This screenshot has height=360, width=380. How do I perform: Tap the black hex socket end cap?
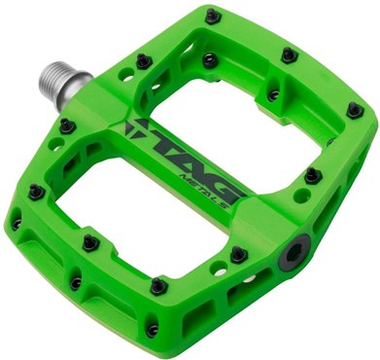pos(294,252)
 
